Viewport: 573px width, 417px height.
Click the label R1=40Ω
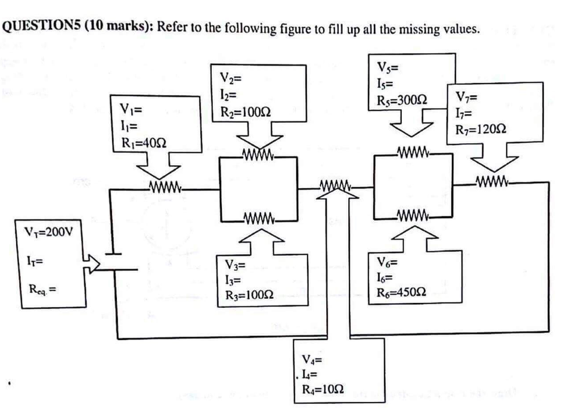pos(143,143)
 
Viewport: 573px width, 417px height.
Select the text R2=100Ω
pos(245,112)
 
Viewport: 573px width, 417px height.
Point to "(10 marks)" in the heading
pos(116,28)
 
